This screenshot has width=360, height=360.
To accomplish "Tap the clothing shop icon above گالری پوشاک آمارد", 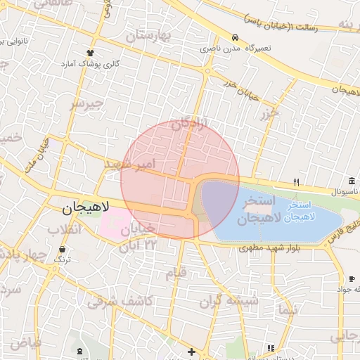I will click(90, 53).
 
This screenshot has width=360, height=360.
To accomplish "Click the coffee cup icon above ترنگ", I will click(64, 249).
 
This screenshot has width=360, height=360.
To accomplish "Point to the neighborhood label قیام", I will click(175, 271).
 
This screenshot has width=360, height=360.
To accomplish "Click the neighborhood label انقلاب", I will click(65, 230).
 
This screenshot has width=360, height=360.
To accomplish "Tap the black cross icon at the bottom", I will click(191, 351).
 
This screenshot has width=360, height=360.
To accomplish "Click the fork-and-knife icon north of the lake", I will click(296, 182).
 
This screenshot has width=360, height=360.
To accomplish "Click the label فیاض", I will click(25, 344).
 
